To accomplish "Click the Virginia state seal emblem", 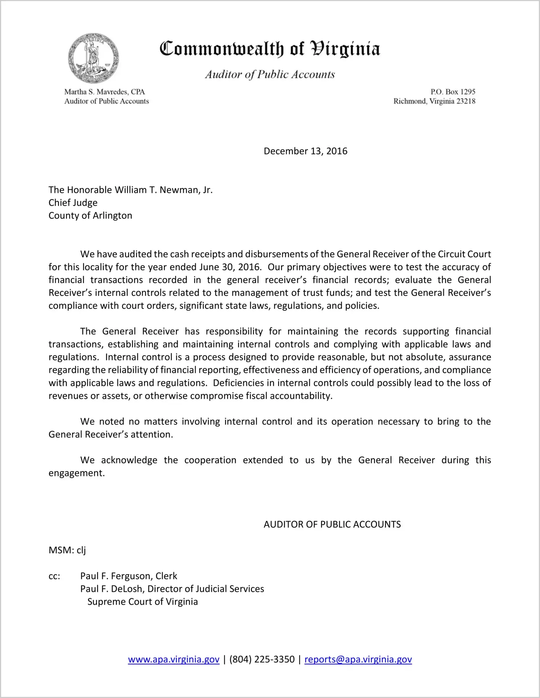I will [x=94, y=58].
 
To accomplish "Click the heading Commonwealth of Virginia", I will [x=270, y=49].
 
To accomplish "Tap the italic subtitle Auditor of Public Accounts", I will [x=270, y=74].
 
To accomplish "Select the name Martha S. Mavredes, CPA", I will [x=104, y=92].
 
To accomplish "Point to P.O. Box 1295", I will [x=453, y=92].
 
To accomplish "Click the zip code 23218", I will [x=466, y=101].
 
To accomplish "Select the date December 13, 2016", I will [x=305, y=151].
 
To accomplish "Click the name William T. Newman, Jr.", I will [x=164, y=190].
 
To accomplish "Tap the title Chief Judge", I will [x=73, y=203].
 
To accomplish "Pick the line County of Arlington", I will [x=90, y=215].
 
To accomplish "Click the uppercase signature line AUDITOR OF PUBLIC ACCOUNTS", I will [x=332, y=524].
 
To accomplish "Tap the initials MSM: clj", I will [x=67, y=550].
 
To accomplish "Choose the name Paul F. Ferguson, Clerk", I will [x=129, y=576].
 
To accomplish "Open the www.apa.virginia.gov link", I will [x=173, y=659].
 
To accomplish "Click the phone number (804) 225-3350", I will [x=262, y=659].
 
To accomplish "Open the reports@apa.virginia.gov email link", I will [x=358, y=659].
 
